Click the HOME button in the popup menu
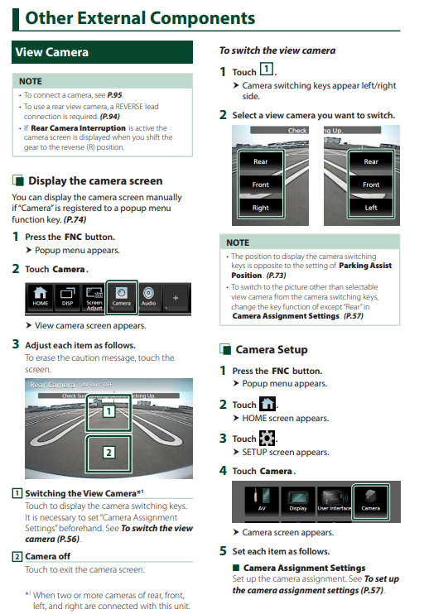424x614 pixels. tap(40, 297)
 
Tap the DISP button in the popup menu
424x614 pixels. tap(67, 297)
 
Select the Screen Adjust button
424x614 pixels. tap(94, 298)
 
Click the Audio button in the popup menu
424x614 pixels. tap(148, 297)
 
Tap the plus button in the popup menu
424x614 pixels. tap(176, 298)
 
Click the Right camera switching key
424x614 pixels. tap(261, 208)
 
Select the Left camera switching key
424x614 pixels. tap(371, 208)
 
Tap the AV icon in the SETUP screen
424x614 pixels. tap(262, 500)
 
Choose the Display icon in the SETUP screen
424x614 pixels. tap(298, 500)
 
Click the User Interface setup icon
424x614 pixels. tap(335, 500)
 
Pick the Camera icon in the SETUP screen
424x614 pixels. tap(371, 501)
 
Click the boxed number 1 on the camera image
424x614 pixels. tap(109, 411)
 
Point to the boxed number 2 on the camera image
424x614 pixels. tap(109, 453)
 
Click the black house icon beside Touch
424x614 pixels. tap(267, 404)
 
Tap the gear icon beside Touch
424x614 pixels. tap(267, 438)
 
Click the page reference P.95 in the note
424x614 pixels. tap(115, 95)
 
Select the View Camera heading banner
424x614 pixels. tap(103, 52)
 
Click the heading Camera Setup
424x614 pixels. tap(272, 349)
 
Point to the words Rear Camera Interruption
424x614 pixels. tap(79, 128)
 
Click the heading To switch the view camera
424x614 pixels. tap(277, 50)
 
